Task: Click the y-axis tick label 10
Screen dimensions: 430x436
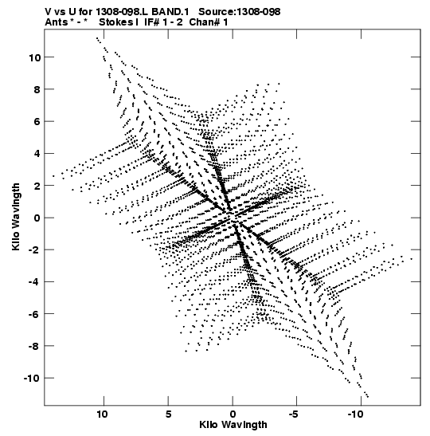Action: click(34, 57)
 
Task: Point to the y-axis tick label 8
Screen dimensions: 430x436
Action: click(37, 89)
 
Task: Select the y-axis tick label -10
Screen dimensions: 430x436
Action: click(32, 378)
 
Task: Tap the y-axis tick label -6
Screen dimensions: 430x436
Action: click(34, 314)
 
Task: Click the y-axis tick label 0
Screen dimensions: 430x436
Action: click(37, 218)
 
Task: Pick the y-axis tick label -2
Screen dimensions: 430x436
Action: click(34, 250)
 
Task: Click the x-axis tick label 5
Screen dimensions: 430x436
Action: click(168, 414)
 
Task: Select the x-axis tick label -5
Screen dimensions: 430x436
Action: click(294, 414)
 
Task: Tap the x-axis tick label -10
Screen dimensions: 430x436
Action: click(356, 414)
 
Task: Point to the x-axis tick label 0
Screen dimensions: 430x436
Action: click(233, 414)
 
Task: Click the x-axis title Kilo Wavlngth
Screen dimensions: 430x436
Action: click(233, 425)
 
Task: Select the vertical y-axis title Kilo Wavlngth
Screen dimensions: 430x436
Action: click(16, 217)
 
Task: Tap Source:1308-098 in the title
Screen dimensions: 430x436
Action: click(240, 12)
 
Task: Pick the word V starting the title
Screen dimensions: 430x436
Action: click(48, 12)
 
